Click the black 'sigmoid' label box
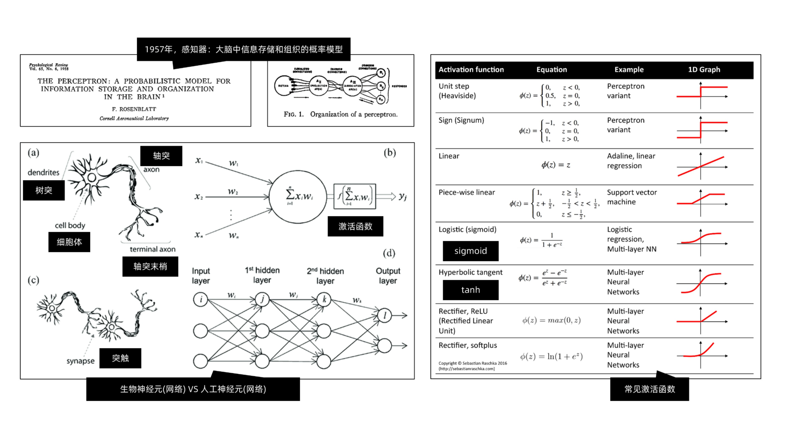tap(470, 251)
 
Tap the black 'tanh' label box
tap(470, 290)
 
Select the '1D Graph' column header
tap(704, 70)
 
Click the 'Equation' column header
tap(551, 70)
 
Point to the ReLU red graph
tap(699, 319)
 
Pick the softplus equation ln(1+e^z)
tap(551, 356)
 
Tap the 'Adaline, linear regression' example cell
tap(631, 161)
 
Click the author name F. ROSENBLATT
tap(134, 109)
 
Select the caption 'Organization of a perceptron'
tap(340, 114)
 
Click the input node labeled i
tap(201, 299)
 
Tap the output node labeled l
tap(385, 315)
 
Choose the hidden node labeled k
tap(324, 299)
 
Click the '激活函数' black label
tap(355, 226)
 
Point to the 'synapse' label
tap(80, 361)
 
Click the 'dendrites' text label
tap(43, 172)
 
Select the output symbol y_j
tap(403, 196)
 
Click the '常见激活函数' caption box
tap(649, 389)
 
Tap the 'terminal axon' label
tap(153, 249)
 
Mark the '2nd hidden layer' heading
tap(325, 276)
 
